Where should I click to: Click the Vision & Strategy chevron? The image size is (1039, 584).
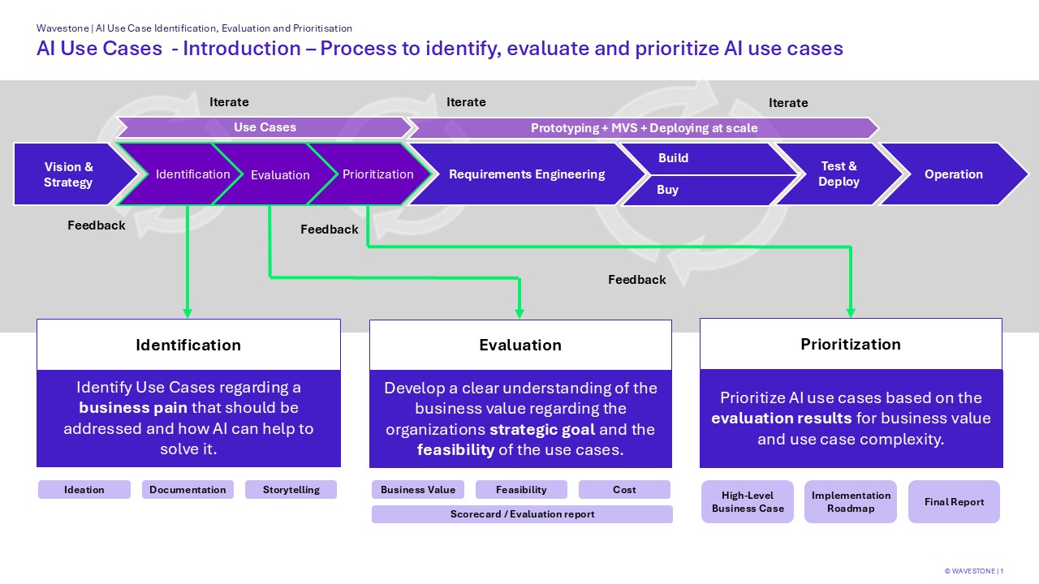[x=69, y=174]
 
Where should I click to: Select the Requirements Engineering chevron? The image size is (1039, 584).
[x=527, y=174]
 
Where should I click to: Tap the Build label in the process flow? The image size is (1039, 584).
[x=673, y=158]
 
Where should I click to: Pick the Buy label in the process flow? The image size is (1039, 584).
[x=667, y=190]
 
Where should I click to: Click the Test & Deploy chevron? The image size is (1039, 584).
[x=839, y=174]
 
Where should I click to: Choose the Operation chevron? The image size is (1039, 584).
[x=953, y=174]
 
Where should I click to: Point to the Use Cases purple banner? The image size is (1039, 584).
[x=265, y=127]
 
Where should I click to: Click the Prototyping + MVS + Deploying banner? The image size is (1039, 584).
[x=644, y=128]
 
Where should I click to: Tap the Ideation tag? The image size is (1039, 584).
[x=84, y=490]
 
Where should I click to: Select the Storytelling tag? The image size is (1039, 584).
[x=291, y=490]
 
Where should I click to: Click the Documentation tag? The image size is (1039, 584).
[x=188, y=490]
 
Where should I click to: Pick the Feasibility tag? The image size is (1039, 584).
[x=521, y=490]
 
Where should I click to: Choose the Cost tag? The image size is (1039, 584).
[x=624, y=490]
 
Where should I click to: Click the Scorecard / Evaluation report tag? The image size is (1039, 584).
[x=522, y=514]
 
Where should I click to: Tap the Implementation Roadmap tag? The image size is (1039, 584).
[x=851, y=502]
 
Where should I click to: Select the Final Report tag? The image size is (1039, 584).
[x=954, y=502]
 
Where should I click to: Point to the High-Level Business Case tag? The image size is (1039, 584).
[x=748, y=502]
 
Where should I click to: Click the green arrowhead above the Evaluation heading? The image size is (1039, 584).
[x=519, y=313]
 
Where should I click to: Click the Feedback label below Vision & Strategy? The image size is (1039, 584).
[x=97, y=225]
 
